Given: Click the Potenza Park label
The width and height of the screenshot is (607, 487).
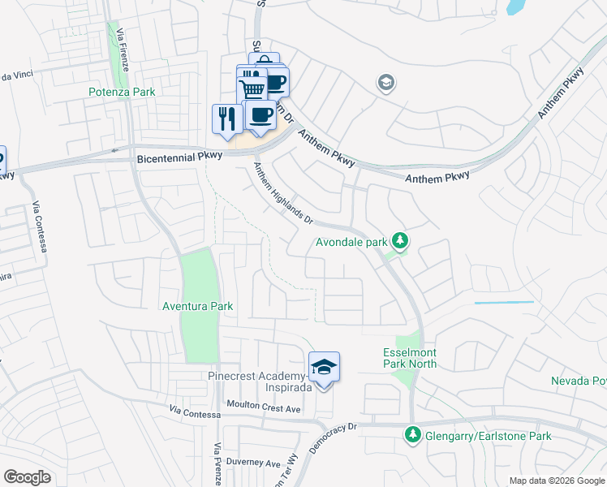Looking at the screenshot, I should [x=122, y=93].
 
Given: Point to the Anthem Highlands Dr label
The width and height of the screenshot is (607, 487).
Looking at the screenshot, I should [x=283, y=192].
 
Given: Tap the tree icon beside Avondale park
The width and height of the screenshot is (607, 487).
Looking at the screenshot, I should [x=399, y=241].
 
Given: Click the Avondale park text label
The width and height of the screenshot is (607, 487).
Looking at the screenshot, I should [x=351, y=242].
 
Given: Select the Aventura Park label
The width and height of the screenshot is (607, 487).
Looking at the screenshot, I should [x=198, y=306].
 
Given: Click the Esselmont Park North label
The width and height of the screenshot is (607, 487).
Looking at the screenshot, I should [x=410, y=358].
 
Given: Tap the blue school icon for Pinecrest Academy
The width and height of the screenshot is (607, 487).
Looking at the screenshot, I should [x=324, y=368].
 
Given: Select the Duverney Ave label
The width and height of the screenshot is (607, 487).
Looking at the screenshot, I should [x=253, y=463].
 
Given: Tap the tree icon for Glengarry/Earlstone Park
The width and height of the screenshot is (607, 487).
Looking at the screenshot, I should [x=412, y=436].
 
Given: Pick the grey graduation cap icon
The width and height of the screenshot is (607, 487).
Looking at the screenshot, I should [x=385, y=82].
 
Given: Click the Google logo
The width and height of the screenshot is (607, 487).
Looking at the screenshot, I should [x=27, y=477].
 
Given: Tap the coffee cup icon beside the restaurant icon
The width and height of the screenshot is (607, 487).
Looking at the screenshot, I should [x=260, y=115].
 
